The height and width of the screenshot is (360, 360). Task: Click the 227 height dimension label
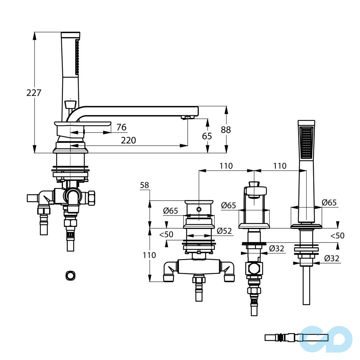pyautogui.click(x=34, y=93)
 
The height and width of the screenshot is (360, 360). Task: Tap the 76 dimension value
pyautogui.click(x=121, y=127)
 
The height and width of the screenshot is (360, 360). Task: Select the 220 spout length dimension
pyautogui.click(x=128, y=140)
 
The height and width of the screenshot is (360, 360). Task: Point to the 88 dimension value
pyautogui.click(x=226, y=130)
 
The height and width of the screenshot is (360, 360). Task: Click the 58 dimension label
pyautogui.click(x=144, y=185)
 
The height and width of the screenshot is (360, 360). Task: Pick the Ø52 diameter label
pyautogui.click(x=224, y=231)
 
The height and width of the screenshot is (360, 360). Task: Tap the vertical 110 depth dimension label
pyautogui.click(x=149, y=255)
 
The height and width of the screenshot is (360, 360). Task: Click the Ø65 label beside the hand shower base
pyautogui.click(x=329, y=202)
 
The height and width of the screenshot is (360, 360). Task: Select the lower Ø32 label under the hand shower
pyautogui.click(x=332, y=258)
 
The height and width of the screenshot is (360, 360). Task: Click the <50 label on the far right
pyautogui.click(x=338, y=236)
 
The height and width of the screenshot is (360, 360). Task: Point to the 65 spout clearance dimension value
pyautogui.click(x=207, y=136)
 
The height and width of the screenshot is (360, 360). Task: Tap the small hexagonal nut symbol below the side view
pyautogui.click(x=70, y=275)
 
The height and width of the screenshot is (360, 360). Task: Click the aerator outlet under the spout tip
pyautogui.click(x=188, y=118)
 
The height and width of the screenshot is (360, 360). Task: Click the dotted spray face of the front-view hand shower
pyautogui.click(x=306, y=142)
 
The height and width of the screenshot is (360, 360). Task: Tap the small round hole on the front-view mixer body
pyautogui.click(x=199, y=209)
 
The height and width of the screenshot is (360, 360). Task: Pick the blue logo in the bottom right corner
pyautogui.click(x=326, y=339)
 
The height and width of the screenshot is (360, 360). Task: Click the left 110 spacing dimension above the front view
pyautogui.click(x=226, y=166)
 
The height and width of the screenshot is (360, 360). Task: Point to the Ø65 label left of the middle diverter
pyautogui.click(x=229, y=205)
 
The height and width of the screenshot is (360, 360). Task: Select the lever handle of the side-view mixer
pyautogui.click(x=82, y=124)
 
